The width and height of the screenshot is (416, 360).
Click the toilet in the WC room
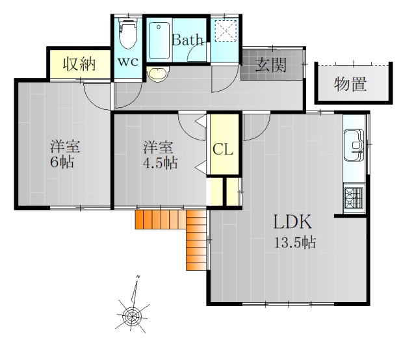[128, 34]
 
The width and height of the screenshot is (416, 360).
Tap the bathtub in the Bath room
[159, 41]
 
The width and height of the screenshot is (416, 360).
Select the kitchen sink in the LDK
[354, 143]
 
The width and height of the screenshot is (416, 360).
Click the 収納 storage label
[79, 64]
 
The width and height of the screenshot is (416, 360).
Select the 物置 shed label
[351, 84]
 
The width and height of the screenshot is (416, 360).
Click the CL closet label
[223, 150]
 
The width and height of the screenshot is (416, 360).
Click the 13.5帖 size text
[294, 244]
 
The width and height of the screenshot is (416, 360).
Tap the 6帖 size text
[62, 162]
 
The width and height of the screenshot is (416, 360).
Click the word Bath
[188, 40]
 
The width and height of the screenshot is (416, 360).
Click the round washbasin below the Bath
[156, 73]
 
